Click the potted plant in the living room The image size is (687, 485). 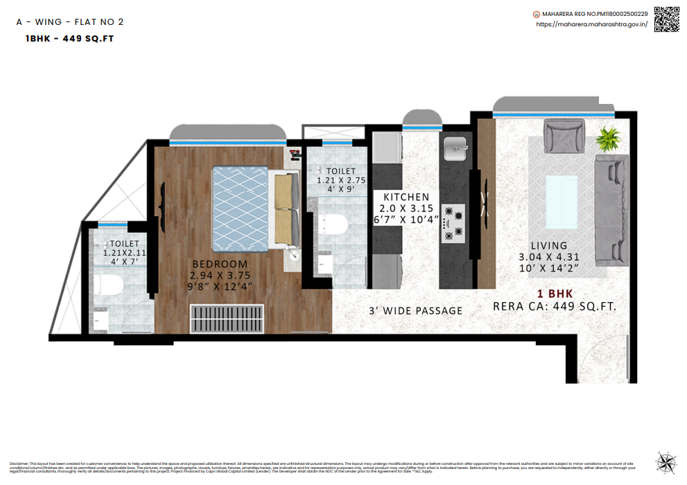tap(610, 139)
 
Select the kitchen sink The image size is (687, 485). tap(457, 146)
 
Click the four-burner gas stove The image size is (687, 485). tap(453, 223)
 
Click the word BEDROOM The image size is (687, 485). tap(220, 264)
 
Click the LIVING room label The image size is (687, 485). tap(549, 245)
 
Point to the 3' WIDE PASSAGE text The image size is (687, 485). tap(415, 310)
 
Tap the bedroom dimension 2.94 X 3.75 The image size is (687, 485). tap(220, 275)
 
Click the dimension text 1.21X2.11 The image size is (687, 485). tap(125, 253)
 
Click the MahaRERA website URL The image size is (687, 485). tap(591, 24)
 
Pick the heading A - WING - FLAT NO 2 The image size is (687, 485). tap(70, 22)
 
